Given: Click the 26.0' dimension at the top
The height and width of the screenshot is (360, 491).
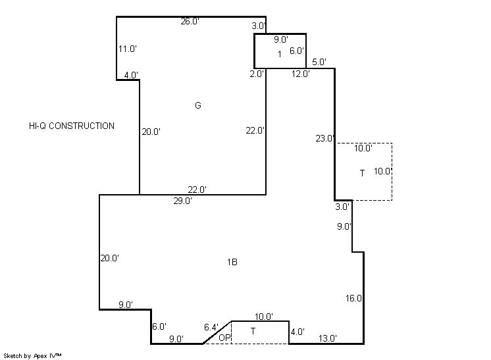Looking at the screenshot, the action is (x=190, y=21).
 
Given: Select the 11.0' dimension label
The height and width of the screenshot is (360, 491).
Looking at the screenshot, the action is (x=128, y=49).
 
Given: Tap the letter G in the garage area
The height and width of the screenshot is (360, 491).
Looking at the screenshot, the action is (x=198, y=105).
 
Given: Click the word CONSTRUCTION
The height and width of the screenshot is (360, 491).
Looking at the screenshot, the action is (x=82, y=126).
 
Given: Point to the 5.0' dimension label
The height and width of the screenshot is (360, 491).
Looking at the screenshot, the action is (x=319, y=62).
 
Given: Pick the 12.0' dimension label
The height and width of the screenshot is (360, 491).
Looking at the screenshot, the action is (x=301, y=74).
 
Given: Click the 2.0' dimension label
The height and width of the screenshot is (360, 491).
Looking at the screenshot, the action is (x=257, y=74).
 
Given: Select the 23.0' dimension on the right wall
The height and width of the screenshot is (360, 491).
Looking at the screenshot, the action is (x=324, y=138).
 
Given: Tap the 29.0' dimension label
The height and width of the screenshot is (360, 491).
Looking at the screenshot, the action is (x=182, y=201).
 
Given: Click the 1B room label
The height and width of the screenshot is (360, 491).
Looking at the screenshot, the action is (x=232, y=262).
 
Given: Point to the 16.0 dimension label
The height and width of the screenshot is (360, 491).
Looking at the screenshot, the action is (x=353, y=298).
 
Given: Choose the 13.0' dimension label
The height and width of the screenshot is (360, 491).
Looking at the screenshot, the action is (x=328, y=338).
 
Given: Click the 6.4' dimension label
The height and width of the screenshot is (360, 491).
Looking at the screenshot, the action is (x=211, y=327).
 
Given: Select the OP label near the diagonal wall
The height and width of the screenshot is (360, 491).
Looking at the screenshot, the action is (x=224, y=338).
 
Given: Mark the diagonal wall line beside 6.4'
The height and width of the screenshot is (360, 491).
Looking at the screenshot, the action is (x=217, y=332).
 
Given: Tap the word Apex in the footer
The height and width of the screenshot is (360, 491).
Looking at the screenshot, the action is (x=39, y=356).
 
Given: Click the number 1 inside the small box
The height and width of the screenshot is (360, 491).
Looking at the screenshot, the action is (x=280, y=54).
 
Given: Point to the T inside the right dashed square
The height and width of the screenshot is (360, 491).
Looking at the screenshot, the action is (x=362, y=173).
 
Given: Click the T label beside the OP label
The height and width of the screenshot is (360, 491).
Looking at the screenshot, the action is (x=253, y=331).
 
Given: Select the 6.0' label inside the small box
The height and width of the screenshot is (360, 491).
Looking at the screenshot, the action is (x=297, y=51).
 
